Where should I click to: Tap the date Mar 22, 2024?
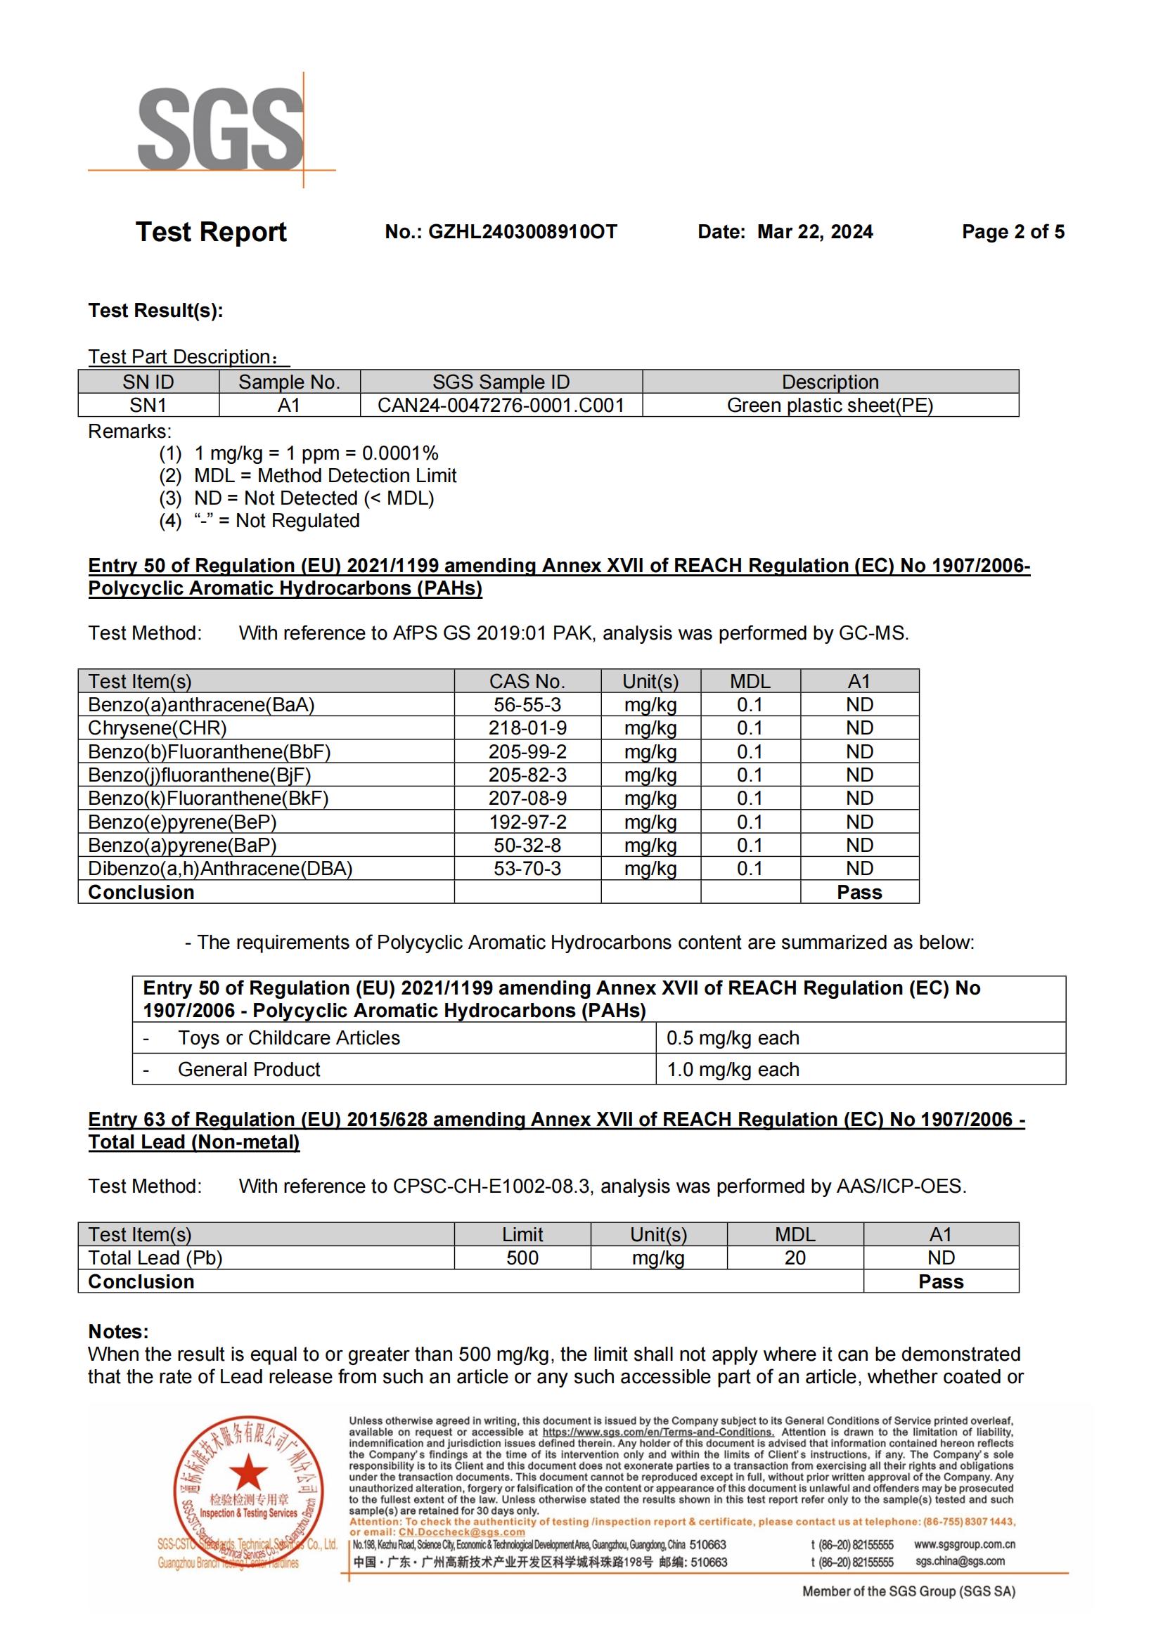tap(815, 232)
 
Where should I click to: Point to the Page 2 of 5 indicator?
tap(1013, 232)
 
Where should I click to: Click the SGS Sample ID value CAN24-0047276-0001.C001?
tap(501, 406)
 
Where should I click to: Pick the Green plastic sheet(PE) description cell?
tap(830, 406)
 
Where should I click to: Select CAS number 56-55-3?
tap(527, 704)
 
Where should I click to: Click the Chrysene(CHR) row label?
tap(157, 728)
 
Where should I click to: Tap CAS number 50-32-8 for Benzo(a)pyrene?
tap(527, 845)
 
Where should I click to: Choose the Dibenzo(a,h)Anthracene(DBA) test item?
tap(220, 869)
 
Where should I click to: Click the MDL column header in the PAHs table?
tap(750, 682)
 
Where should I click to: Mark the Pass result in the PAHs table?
tap(859, 892)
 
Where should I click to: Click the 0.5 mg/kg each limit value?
tap(733, 1037)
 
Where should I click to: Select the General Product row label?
tap(248, 1069)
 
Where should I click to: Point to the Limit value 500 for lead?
tap(522, 1258)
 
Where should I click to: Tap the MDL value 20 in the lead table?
tap(795, 1258)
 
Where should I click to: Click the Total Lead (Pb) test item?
tap(155, 1258)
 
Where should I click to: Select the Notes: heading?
tap(118, 1331)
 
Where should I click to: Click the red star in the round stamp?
tap(248, 1474)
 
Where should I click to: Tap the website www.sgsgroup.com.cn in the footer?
tap(965, 1544)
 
